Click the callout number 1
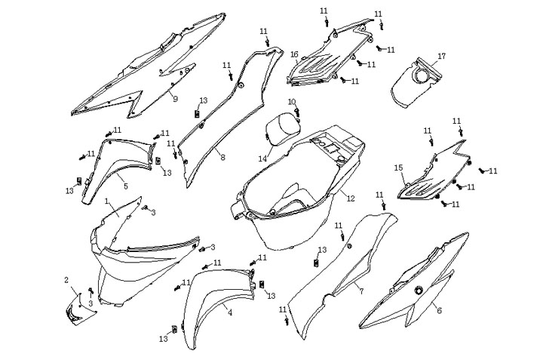pyautogui.click(x=107, y=202)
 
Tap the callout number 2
pyautogui.click(x=66, y=281)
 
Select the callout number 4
pyautogui.click(x=230, y=312)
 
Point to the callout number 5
pyautogui.click(x=125, y=186)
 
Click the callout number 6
pyautogui.click(x=440, y=309)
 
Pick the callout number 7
pyautogui.click(x=360, y=291)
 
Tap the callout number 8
pyautogui.click(x=222, y=157)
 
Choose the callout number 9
pyautogui.click(x=175, y=99)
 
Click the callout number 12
pyautogui.click(x=351, y=197)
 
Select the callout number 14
pyautogui.click(x=262, y=158)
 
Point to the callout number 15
pyautogui.click(x=397, y=168)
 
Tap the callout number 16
pyautogui.click(x=294, y=54)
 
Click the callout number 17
pyautogui.click(x=442, y=56)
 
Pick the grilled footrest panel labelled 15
pyautogui.click(x=430, y=177)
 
